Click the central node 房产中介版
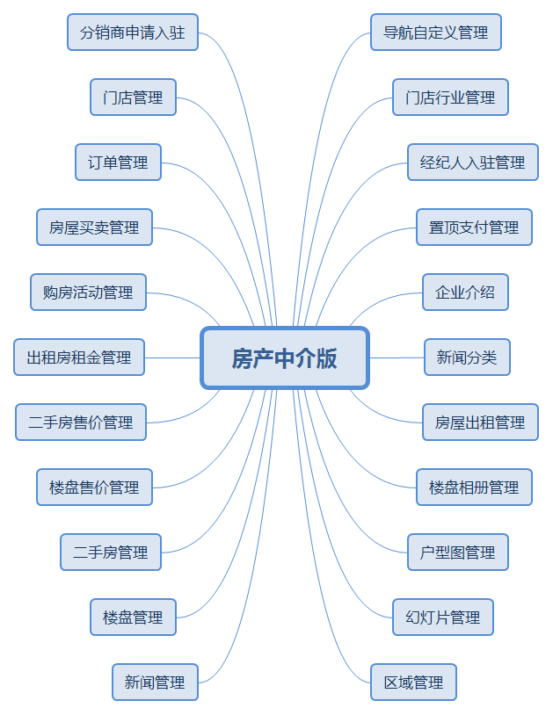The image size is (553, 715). [284, 357]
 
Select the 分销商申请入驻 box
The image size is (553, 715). [133, 32]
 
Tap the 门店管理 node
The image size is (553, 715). [133, 97]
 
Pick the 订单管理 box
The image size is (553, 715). [118, 162]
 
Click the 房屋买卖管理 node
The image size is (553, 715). [94, 227]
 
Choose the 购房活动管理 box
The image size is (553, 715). [88, 292]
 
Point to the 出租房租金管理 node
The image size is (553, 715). [79, 357]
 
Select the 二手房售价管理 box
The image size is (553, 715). [81, 422]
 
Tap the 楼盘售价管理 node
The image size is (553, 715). [94, 487]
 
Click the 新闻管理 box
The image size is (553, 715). [155, 682]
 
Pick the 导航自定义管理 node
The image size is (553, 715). [435, 32]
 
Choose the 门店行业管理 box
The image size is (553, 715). [450, 97]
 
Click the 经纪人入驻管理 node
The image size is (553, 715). [472, 162]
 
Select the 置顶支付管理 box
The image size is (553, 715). [474, 227]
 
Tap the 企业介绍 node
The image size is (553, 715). [465, 292]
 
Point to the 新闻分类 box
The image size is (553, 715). [467, 357]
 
